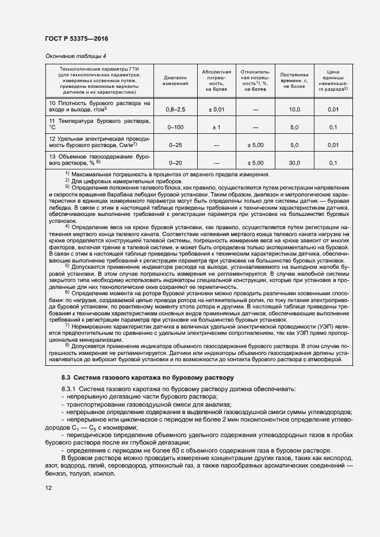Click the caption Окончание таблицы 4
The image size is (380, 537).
(x=75, y=56)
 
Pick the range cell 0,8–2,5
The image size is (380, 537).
(x=175, y=109)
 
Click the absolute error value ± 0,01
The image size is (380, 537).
(x=216, y=109)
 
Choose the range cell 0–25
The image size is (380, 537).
(x=175, y=145)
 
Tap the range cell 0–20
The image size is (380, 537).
(x=175, y=163)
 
